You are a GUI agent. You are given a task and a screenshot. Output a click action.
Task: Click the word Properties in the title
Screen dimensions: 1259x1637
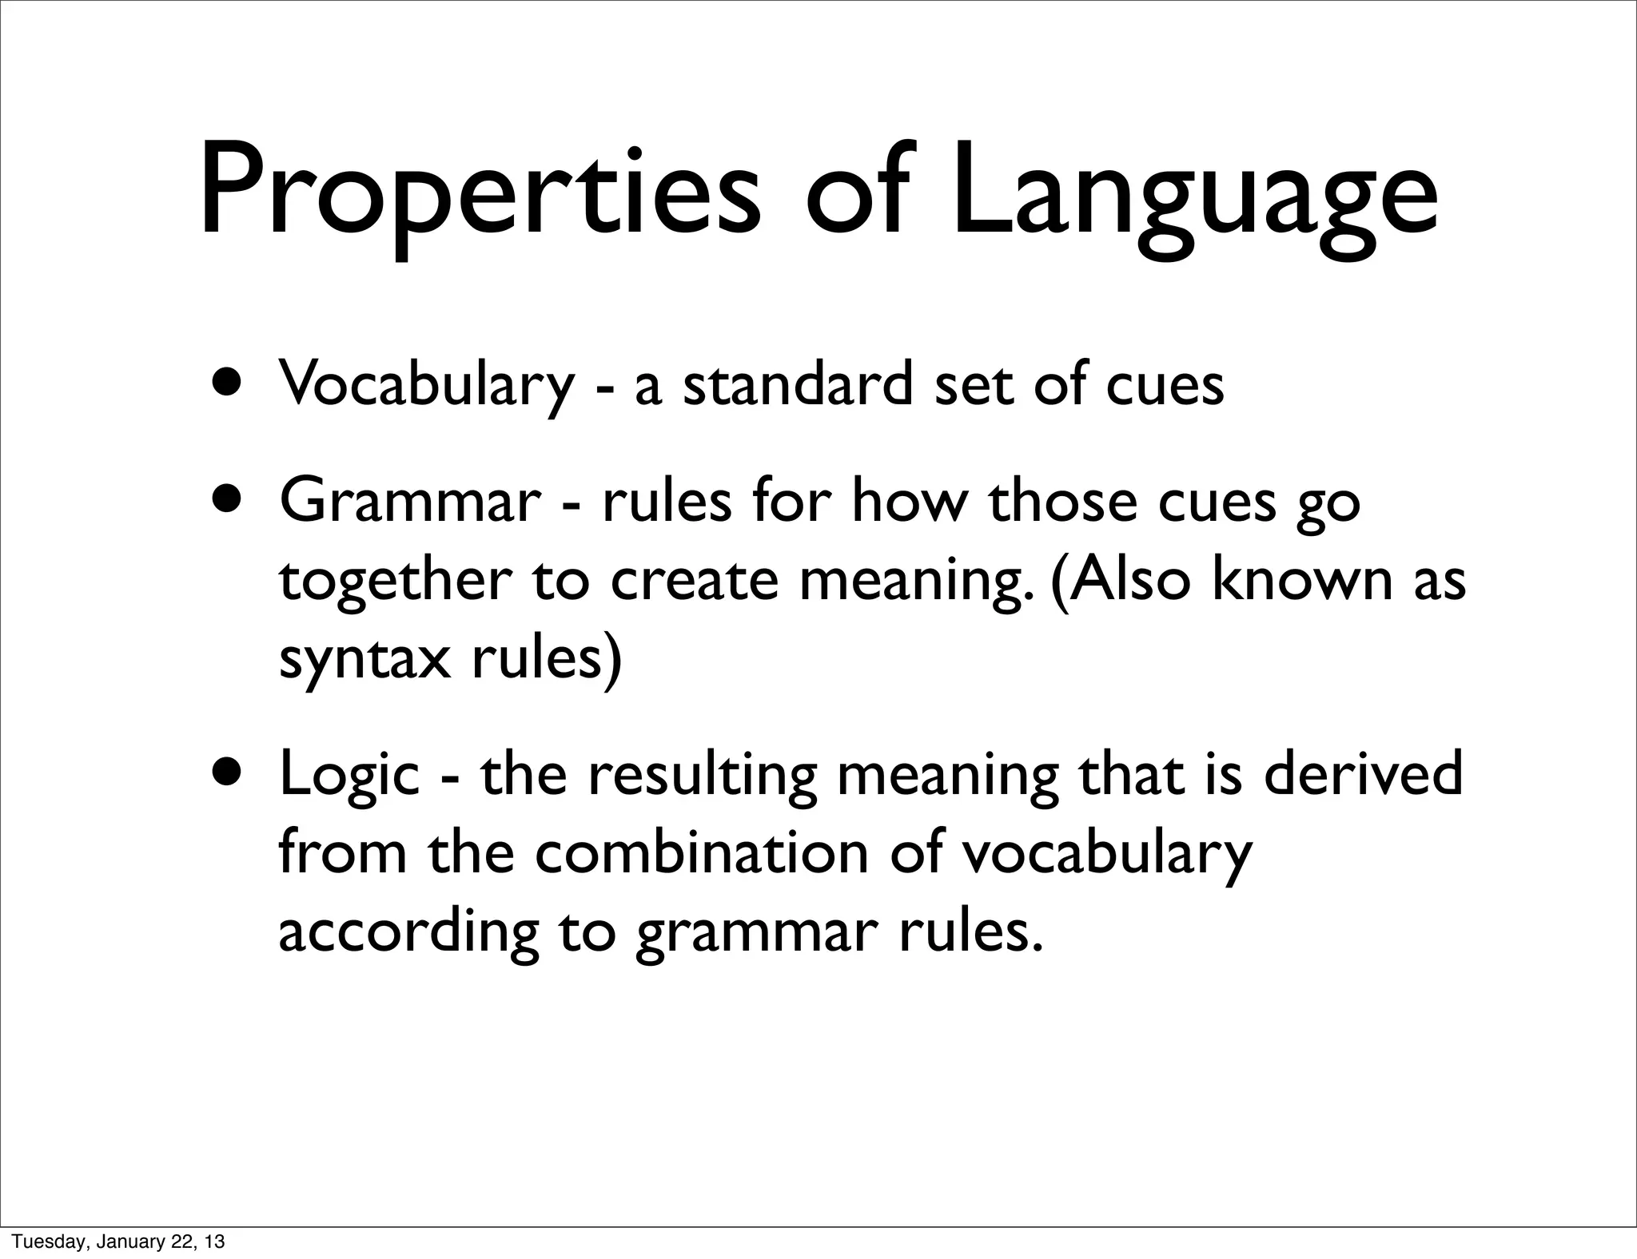point(480,196)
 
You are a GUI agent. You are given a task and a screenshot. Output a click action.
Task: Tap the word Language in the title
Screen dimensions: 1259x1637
point(1195,196)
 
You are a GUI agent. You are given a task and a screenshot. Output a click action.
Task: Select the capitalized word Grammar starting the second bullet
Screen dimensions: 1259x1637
point(410,502)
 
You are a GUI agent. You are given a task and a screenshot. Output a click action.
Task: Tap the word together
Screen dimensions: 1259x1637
point(394,582)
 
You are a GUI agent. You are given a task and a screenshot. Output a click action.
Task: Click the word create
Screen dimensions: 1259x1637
point(694,582)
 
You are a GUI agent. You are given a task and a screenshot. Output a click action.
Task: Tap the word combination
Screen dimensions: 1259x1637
point(701,852)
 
